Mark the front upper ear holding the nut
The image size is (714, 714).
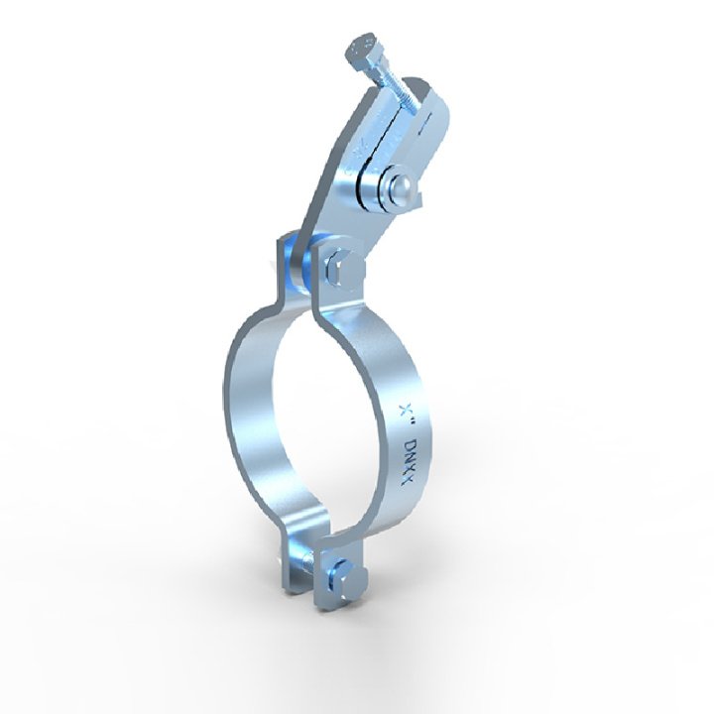click(x=337, y=283)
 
